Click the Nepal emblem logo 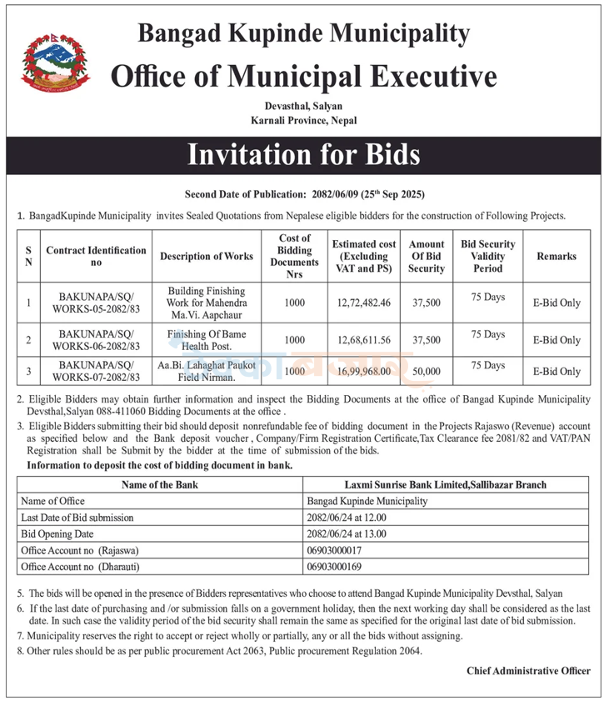[52, 63]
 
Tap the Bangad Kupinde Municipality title [303, 33]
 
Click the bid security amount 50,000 [426, 371]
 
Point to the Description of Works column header [206, 256]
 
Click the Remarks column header [556, 256]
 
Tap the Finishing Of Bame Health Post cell [206, 340]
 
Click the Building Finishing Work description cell [206, 303]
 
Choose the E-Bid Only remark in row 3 [557, 372]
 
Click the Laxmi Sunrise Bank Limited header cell [446, 484]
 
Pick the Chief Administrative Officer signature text [528, 670]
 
